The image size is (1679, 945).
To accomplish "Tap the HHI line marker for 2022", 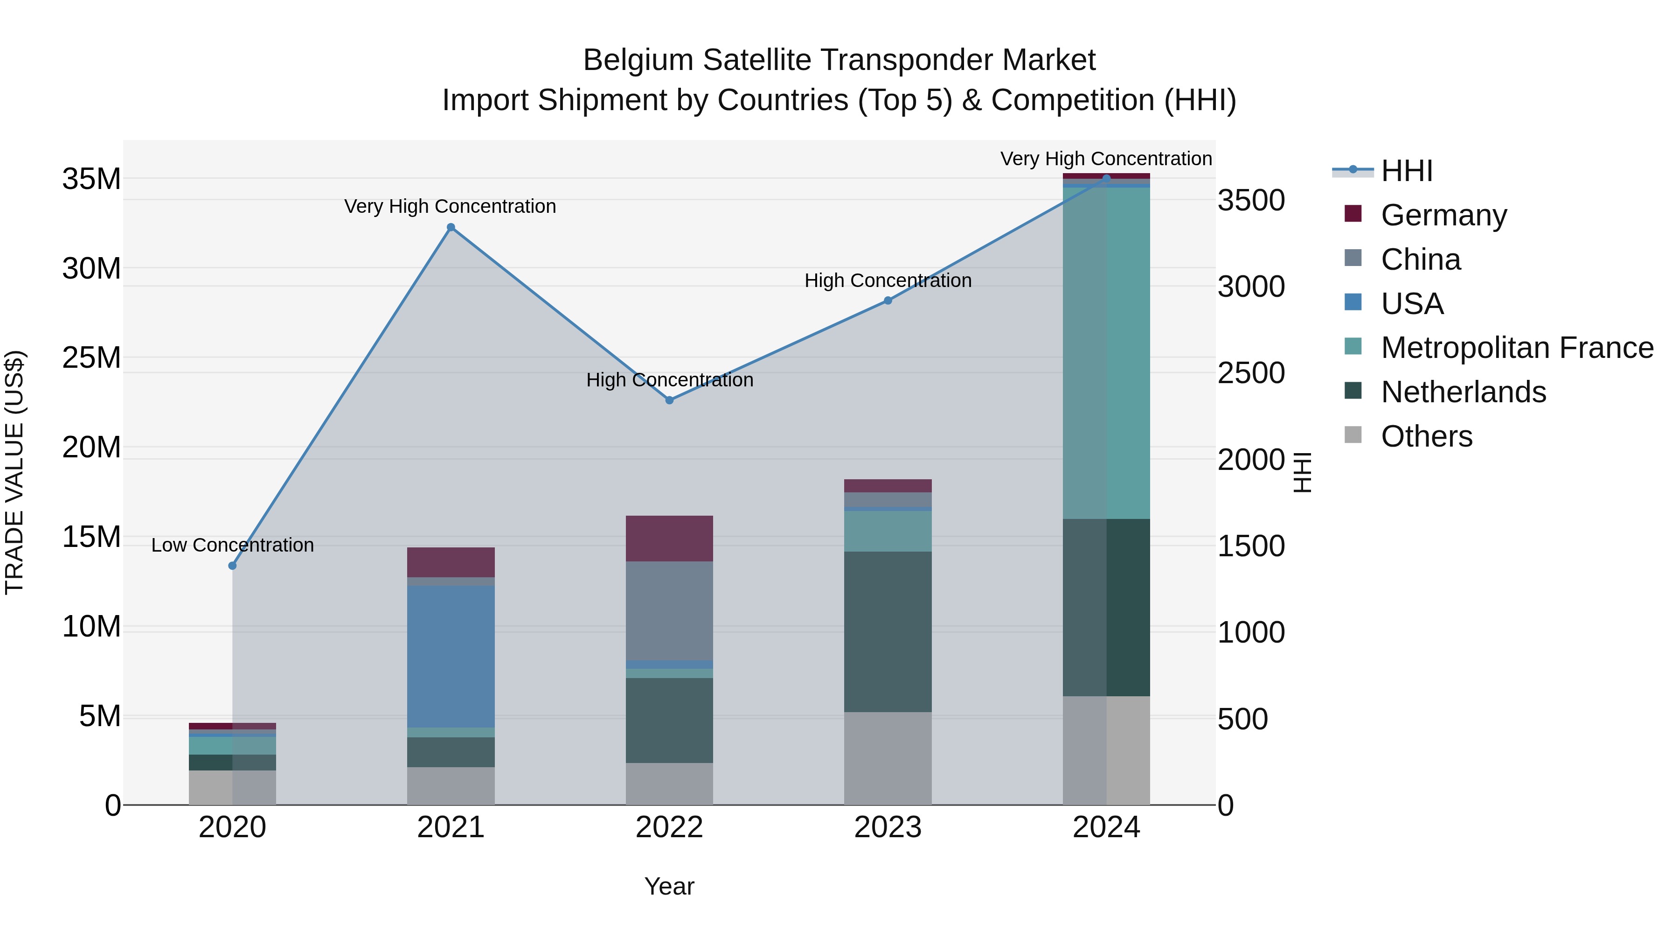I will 669,400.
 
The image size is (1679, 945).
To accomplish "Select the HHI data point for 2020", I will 232,566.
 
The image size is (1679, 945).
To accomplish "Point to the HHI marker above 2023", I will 888,301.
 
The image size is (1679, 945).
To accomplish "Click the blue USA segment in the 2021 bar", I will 451,656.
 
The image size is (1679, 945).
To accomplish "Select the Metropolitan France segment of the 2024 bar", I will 1106,352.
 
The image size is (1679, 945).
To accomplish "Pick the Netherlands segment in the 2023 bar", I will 888,631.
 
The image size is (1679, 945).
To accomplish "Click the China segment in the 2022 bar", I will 669,610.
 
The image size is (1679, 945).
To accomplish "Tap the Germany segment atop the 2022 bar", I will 669,538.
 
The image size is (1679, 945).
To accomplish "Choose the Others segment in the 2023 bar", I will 888,758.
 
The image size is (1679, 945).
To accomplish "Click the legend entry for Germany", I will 1443,215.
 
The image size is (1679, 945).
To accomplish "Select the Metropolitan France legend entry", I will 1517,348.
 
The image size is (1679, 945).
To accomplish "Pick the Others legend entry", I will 1426,436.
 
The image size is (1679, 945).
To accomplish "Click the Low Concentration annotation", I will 232,545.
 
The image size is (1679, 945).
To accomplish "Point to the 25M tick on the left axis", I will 91,358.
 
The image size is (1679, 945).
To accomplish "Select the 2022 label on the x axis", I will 669,827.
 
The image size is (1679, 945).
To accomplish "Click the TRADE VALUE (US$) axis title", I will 14,472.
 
